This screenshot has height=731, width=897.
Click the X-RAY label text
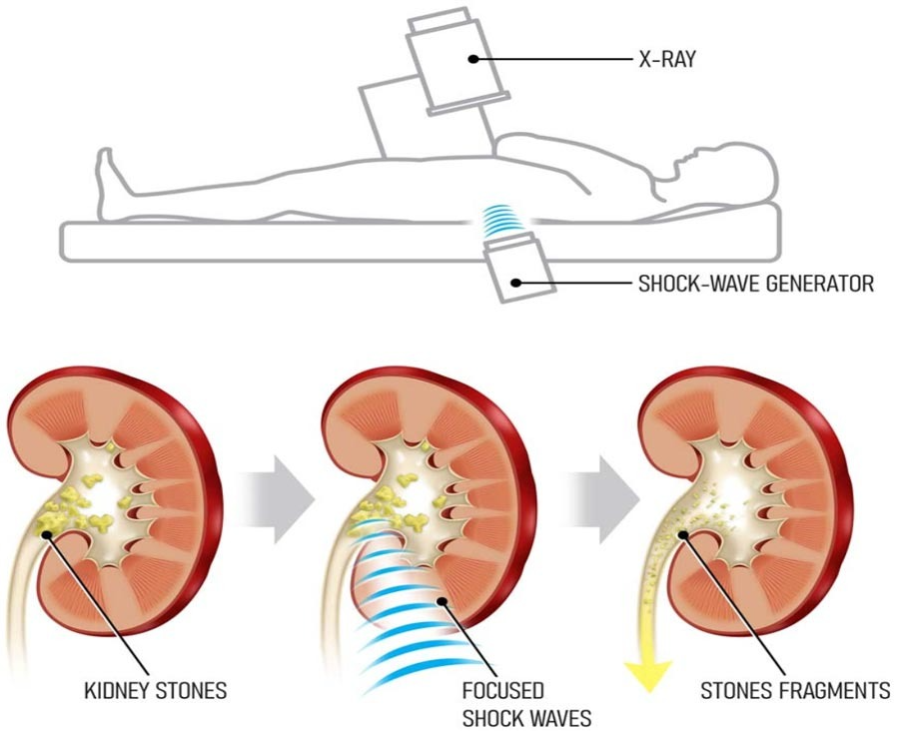click(x=667, y=59)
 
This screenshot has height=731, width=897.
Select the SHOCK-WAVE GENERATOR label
click(x=756, y=284)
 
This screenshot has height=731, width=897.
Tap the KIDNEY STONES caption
click(x=156, y=690)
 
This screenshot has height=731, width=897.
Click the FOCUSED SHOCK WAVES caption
click(x=526, y=704)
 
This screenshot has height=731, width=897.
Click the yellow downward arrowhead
click(x=648, y=676)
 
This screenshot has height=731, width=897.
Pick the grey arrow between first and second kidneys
click(x=277, y=498)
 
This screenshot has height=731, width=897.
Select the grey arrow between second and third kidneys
click(x=601, y=498)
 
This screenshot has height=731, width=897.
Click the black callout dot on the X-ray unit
click(x=473, y=58)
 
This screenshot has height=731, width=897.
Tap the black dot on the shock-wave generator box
click(x=515, y=283)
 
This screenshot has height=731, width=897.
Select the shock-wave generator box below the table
click(x=519, y=270)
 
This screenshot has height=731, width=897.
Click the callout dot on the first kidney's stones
click(x=46, y=534)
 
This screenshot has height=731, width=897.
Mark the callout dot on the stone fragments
click(x=682, y=535)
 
